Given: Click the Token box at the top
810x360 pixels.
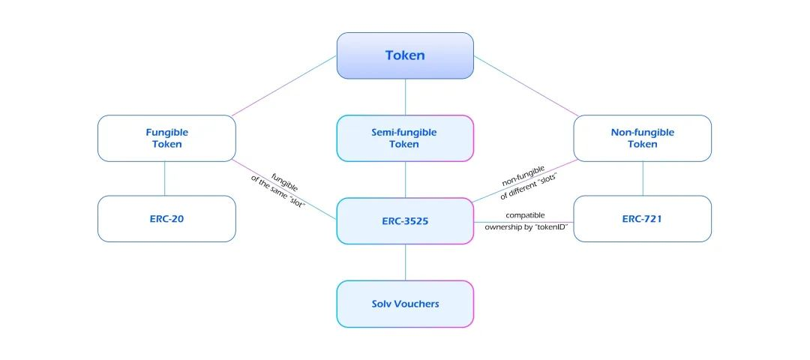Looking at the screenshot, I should coord(405,55).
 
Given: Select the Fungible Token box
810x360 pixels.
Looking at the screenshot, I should coord(166,138).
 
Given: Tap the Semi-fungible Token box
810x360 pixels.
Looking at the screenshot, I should coord(405,138).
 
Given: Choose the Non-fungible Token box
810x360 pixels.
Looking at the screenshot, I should coord(643,138).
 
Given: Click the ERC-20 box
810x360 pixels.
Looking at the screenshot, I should coord(166,219).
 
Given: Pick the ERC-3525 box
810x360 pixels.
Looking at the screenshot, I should coord(405,220).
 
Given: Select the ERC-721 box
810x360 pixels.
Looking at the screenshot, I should coord(643,219).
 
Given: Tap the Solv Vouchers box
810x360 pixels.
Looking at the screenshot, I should coord(405,304).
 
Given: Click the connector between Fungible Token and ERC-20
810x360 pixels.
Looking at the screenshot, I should coord(165,178).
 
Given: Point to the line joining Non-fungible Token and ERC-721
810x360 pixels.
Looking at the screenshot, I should coord(643,178).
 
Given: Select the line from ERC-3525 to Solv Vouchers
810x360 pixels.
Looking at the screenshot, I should coord(405,262).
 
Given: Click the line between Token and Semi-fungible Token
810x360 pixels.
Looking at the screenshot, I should coord(405,97).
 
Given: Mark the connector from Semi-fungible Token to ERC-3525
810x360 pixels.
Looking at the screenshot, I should coord(405,179).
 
